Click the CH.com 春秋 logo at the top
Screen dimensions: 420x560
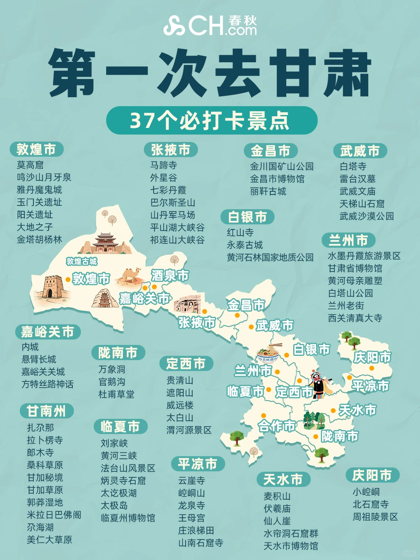[210, 25]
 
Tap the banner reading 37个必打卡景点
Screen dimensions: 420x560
[212, 121]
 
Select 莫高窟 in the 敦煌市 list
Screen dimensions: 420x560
[30, 165]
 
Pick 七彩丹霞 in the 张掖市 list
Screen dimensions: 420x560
[168, 190]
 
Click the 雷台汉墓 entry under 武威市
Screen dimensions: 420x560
[357, 179]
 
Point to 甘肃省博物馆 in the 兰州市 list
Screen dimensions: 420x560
[355, 268]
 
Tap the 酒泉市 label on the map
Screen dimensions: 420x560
[170, 276]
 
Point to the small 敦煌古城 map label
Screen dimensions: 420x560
[82, 261]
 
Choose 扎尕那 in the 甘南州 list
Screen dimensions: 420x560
[40, 428]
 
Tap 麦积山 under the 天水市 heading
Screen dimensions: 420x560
[277, 496]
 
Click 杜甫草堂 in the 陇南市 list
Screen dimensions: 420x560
[116, 394]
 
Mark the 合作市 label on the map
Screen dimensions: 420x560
[277, 426]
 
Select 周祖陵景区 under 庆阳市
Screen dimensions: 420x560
[375, 517]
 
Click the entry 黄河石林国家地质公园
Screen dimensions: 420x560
[270, 257]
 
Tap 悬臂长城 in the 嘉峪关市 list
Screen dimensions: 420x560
[38, 359]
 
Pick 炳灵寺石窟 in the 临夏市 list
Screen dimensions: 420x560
[123, 481]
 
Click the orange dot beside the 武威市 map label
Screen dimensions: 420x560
[251, 327]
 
